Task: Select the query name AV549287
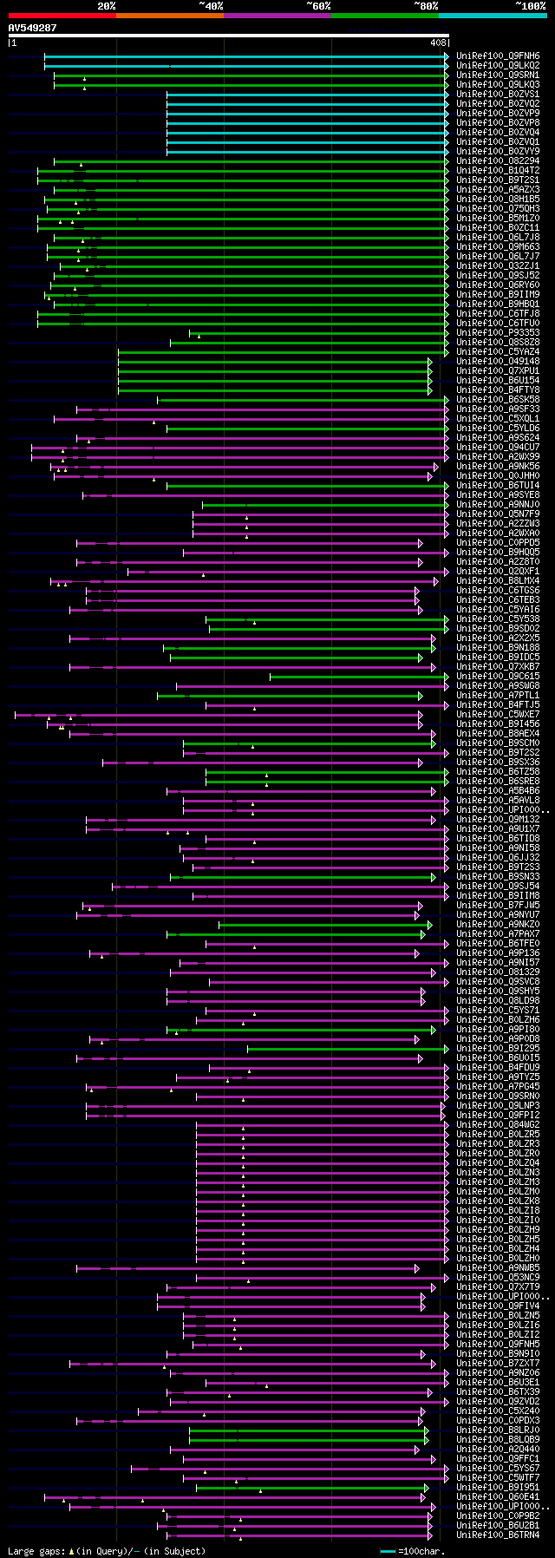tap(32, 28)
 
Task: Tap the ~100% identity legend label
tap(530, 5)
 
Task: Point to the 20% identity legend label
tap(106, 5)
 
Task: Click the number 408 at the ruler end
tap(437, 42)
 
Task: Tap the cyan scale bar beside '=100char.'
tap(387, 1550)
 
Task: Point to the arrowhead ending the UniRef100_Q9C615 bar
tap(447, 677)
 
